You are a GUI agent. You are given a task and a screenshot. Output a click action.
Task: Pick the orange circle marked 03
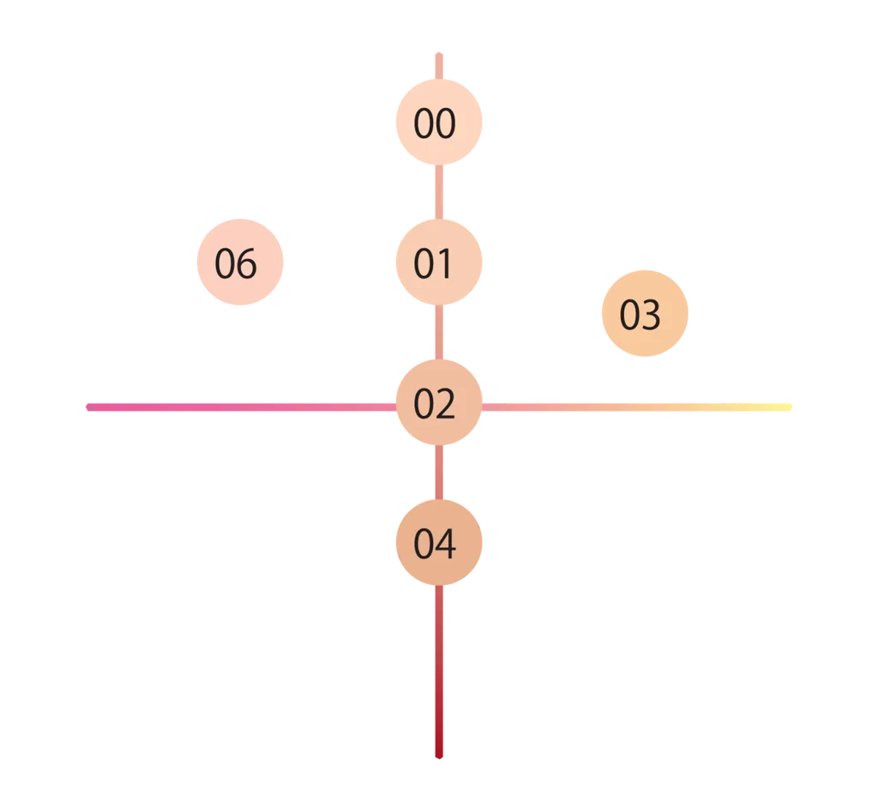645,314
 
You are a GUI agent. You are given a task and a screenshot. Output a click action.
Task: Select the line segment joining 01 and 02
438,333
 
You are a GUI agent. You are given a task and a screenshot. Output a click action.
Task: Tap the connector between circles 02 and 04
438,473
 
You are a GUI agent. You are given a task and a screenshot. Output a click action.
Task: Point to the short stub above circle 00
438,64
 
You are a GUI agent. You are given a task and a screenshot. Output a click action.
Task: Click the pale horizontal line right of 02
634,406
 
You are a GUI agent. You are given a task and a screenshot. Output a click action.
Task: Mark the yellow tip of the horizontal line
789,406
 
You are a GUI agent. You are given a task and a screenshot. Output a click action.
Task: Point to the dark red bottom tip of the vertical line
439,755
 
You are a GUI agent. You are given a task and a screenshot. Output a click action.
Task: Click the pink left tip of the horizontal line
90,406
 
